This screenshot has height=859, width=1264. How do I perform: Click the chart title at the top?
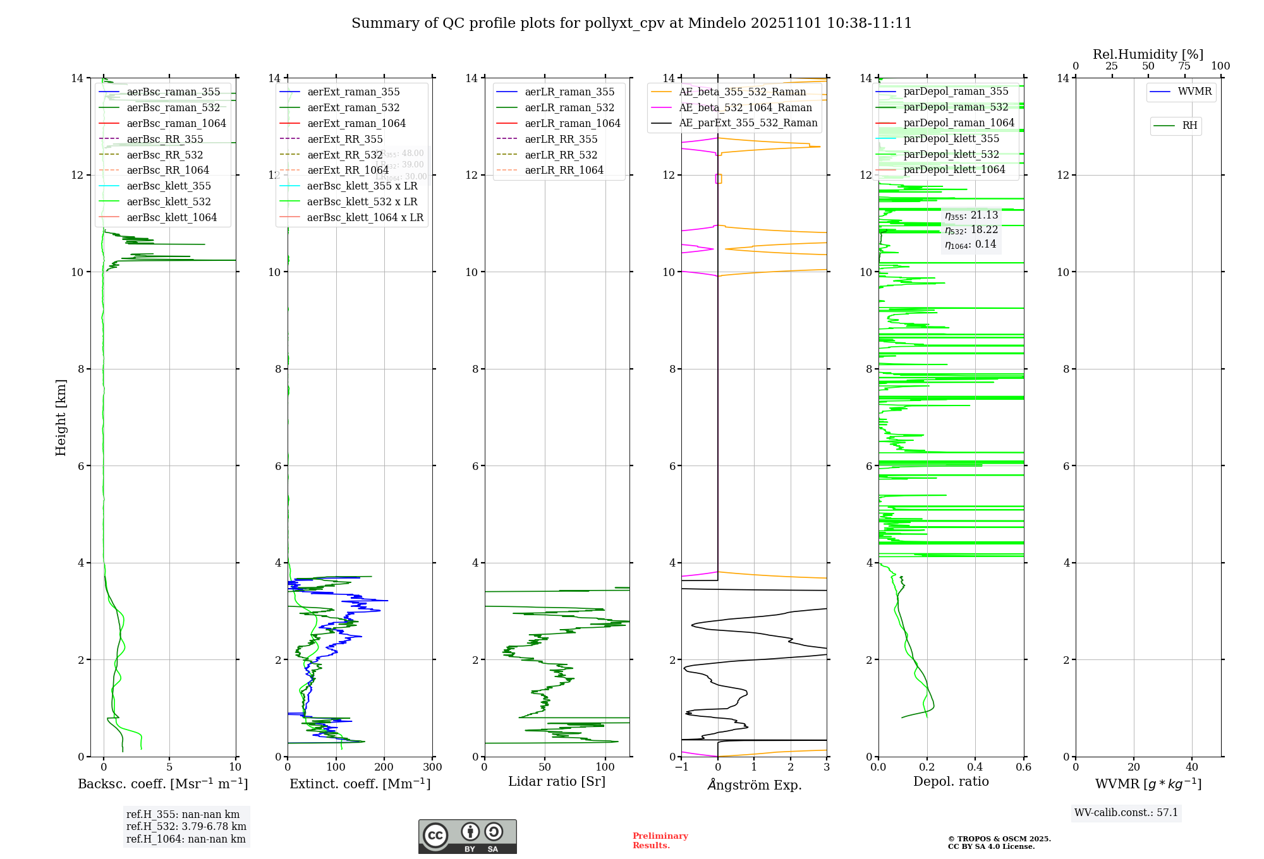click(x=631, y=23)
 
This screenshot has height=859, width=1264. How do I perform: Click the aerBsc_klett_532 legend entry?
click(x=168, y=202)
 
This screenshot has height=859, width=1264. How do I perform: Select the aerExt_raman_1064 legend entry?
click(x=356, y=124)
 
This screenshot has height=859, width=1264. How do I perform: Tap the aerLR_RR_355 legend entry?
click(x=561, y=140)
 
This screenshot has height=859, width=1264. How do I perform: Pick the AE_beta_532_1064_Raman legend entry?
click(x=745, y=108)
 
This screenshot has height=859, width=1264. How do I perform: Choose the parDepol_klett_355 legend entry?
click(x=951, y=139)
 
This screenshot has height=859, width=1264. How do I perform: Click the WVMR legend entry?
click(x=1194, y=92)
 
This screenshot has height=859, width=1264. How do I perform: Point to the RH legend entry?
click(x=1189, y=126)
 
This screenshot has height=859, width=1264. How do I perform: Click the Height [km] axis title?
click(x=61, y=417)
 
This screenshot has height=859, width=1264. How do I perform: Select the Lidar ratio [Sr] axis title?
click(x=557, y=782)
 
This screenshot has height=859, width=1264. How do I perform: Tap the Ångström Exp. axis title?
click(x=754, y=785)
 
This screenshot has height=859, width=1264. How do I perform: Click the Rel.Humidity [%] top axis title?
click(x=1148, y=54)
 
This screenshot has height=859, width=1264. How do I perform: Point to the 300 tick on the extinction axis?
click(x=432, y=767)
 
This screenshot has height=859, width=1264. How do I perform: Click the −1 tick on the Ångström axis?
click(x=681, y=767)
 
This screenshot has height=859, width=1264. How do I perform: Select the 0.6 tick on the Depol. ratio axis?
click(x=1023, y=767)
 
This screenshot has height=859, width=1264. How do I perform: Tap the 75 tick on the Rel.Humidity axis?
click(x=1184, y=66)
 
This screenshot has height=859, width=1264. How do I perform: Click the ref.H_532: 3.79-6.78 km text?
click(x=186, y=827)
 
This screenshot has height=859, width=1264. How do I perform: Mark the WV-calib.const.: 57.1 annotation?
click(x=1126, y=813)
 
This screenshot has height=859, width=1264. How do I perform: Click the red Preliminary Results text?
click(x=660, y=841)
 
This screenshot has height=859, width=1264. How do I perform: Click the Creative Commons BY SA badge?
click(x=467, y=837)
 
